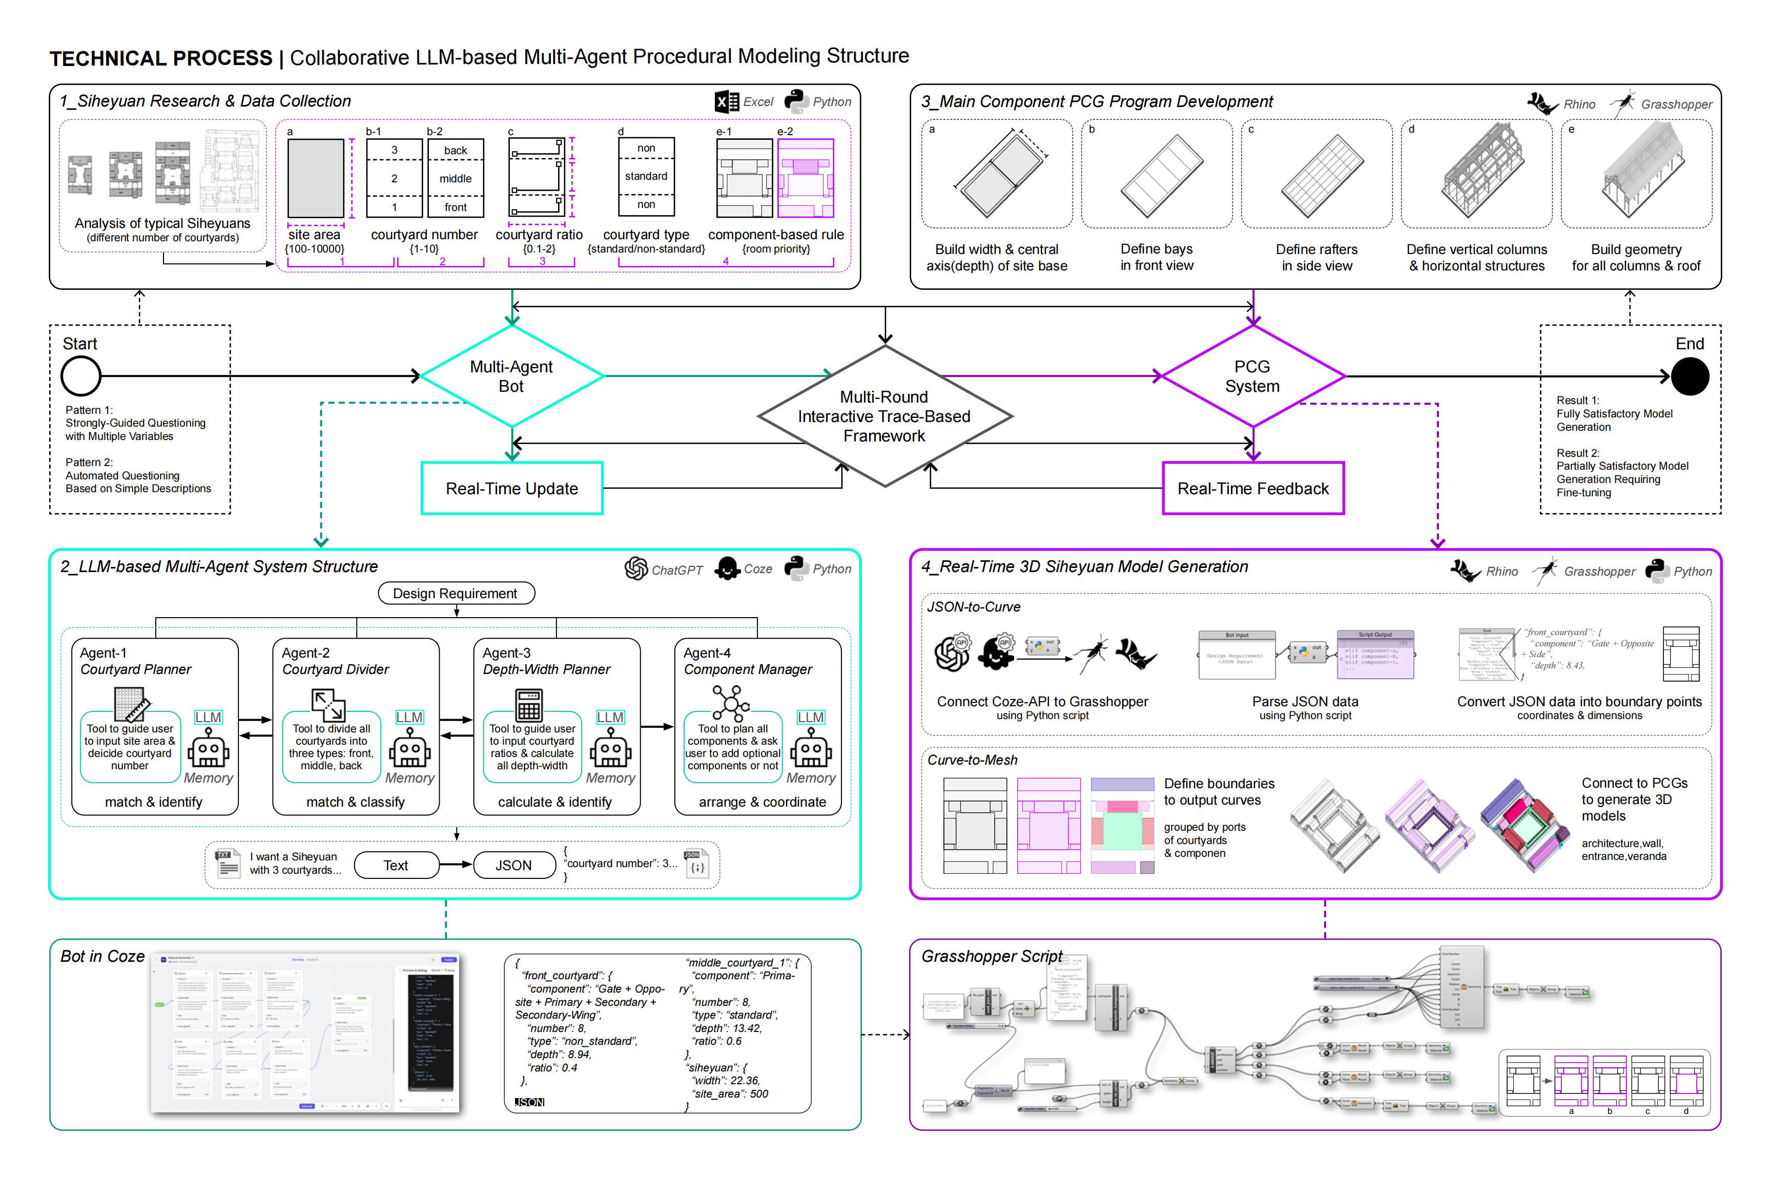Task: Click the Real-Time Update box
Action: click(512, 489)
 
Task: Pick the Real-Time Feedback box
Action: click(1253, 489)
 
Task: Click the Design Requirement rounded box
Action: click(456, 593)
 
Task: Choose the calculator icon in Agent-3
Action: click(529, 706)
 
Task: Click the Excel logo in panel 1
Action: click(727, 101)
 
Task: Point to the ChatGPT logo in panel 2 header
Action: click(636, 569)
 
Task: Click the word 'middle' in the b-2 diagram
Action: click(456, 178)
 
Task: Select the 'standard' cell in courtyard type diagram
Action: click(646, 176)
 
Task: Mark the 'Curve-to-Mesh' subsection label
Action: click(972, 760)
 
